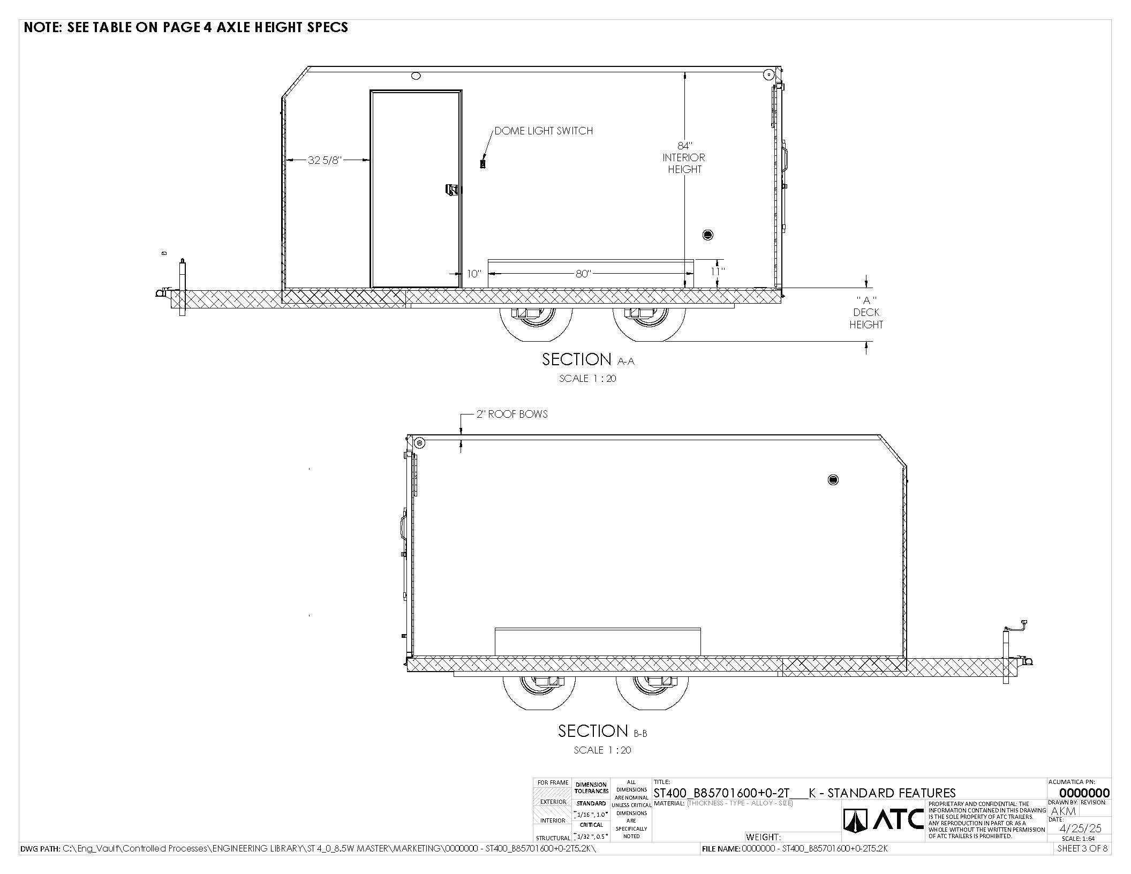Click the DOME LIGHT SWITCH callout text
[x=544, y=131]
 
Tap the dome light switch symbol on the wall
[x=482, y=164]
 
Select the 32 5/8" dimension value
[x=325, y=160]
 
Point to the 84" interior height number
[x=684, y=146]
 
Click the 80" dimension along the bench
[x=583, y=274]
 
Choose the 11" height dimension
[x=718, y=272]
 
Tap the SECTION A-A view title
[x=588, y=359]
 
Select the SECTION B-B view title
[x=602, y=731]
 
